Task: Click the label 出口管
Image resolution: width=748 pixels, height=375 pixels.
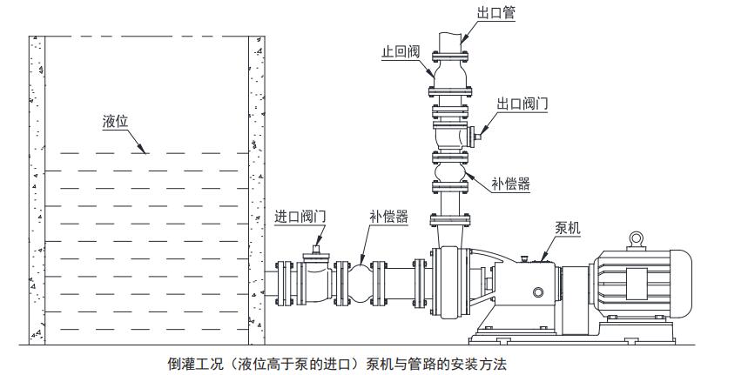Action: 495,13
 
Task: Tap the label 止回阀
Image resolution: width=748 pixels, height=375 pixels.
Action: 401,52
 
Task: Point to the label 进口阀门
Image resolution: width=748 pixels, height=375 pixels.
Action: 300,216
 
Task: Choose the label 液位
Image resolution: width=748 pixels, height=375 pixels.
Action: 115,122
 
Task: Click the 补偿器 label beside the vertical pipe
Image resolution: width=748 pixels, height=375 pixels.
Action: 510,184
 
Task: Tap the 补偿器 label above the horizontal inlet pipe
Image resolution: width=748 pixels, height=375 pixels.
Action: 388,217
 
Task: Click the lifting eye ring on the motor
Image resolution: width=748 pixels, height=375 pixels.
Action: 637,237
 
